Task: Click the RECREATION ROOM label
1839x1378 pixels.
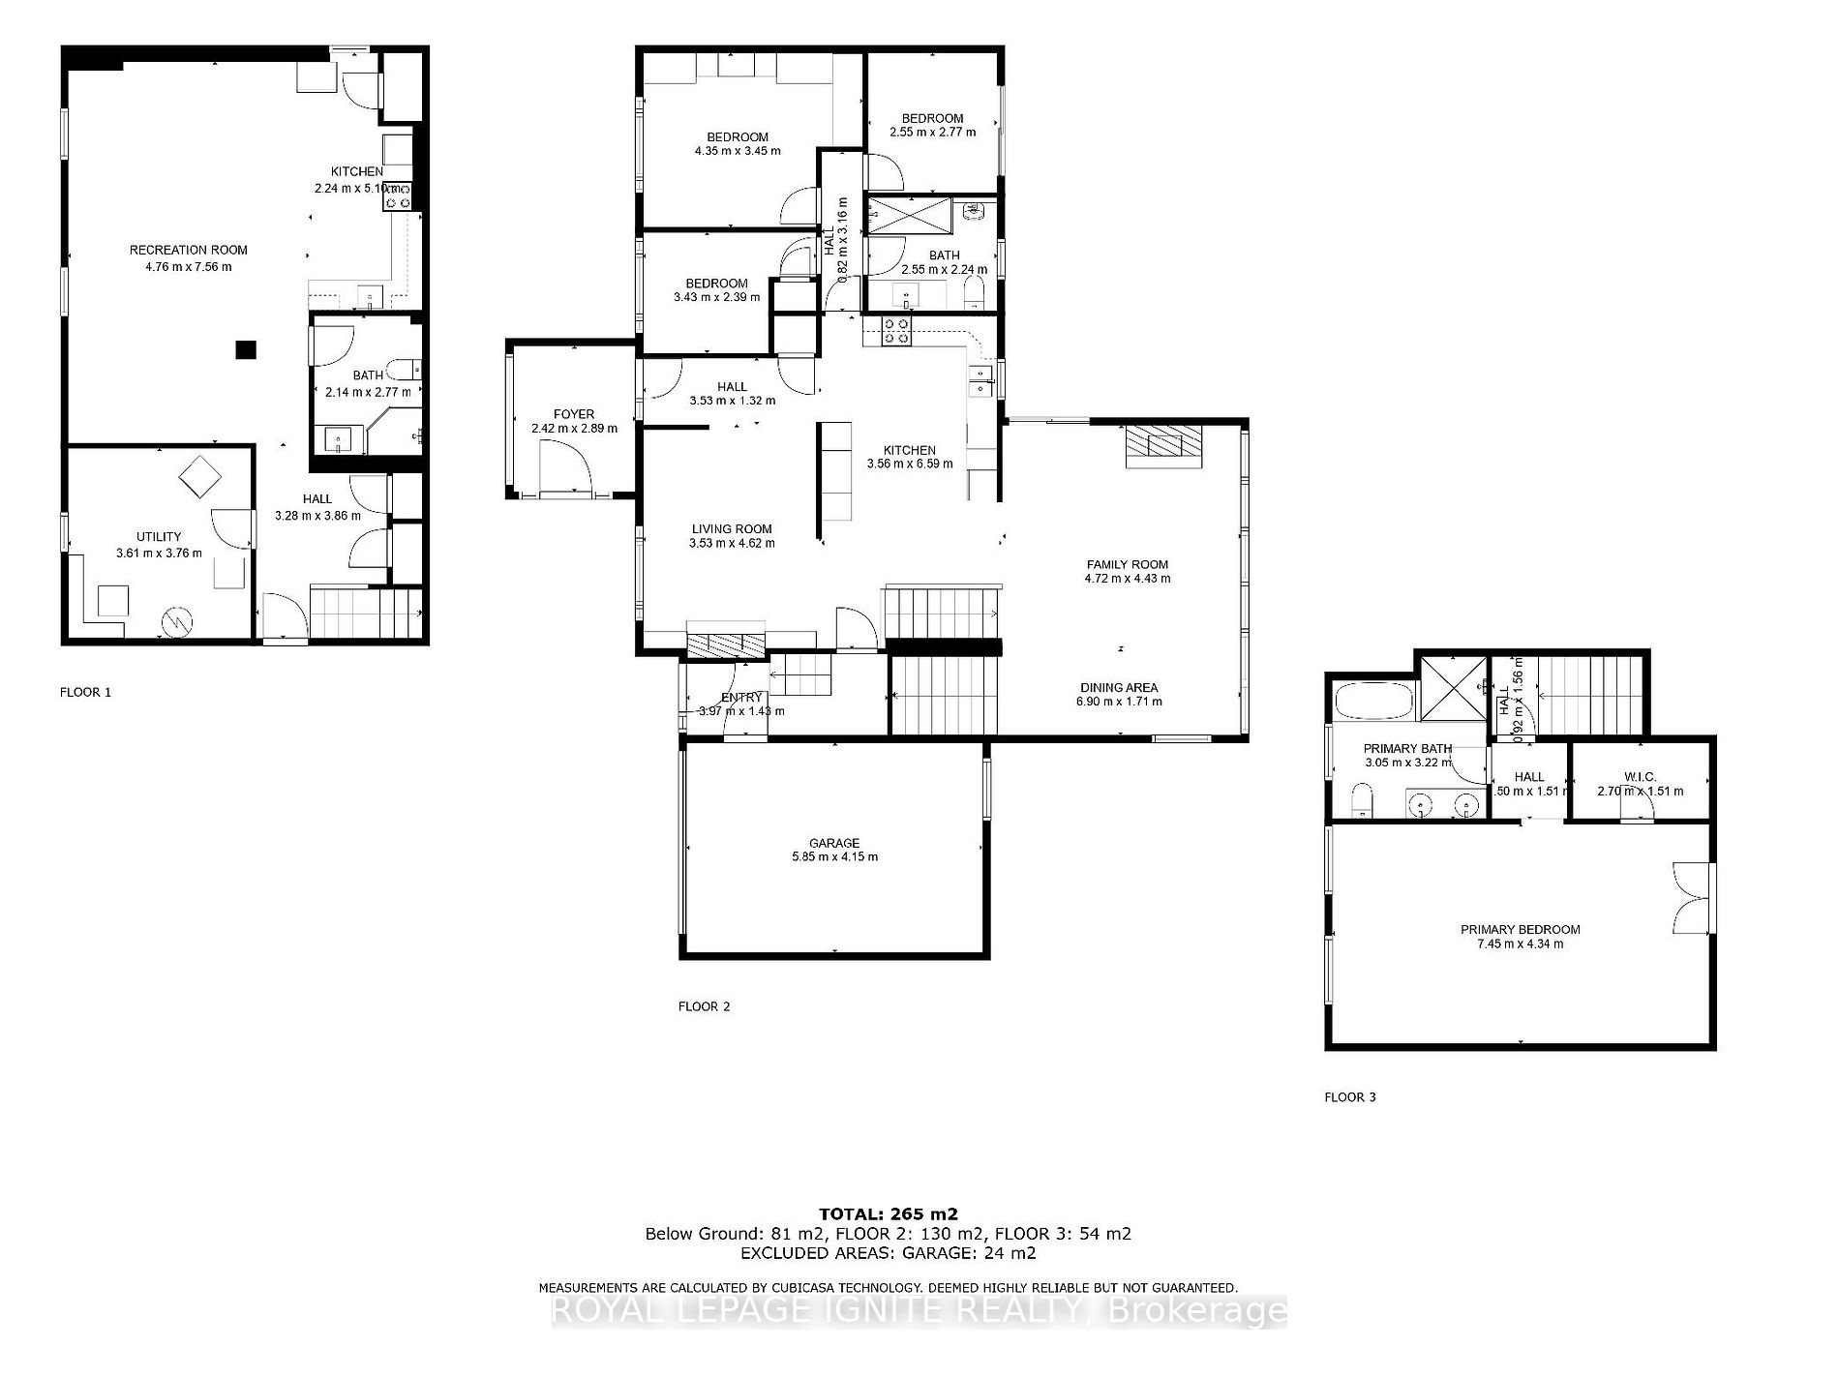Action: (x=189, y=250)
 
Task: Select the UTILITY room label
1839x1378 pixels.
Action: (x=159, y=536)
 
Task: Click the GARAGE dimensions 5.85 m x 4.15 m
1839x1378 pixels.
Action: (x=833, y=857)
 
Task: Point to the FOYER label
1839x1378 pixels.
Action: (x=574, y=414)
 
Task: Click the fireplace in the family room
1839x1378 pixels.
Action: (x=1164, y=445)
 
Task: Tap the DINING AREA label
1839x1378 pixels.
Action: (x=1119, y=688)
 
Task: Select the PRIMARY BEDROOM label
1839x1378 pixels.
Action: (x=1520, y=930)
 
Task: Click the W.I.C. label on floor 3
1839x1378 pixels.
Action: (x=1640, y=777)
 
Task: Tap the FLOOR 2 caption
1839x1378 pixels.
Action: (x=704, y=1006)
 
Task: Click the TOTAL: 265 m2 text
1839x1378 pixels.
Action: (x=888, y=1213)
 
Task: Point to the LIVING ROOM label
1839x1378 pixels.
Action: (x=732, y=529)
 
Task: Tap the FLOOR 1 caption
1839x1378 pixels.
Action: (x=85, y=692)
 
